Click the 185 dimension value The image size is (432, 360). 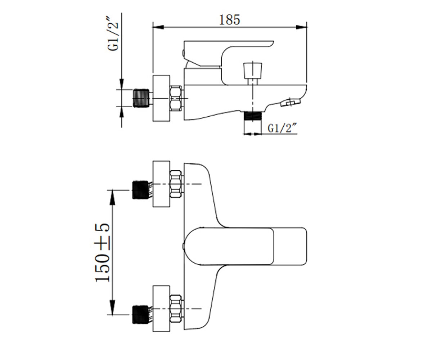tap(229, 20)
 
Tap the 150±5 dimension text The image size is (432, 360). tap(102, 253)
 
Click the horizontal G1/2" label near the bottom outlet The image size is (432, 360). tap(282, 128)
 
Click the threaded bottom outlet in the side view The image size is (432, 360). tap(253, 116)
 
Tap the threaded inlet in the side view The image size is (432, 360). tap(141, 98)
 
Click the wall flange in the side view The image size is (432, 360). tap(161, 98)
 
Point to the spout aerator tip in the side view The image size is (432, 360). tap(290, 102)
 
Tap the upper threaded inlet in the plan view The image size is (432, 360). tap(140, 190)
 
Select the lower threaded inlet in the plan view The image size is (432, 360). tap(140, 315)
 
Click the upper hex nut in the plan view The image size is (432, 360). tap(176, 184)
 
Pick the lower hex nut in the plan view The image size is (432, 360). tap(176, 309)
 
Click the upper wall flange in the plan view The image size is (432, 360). tap(161, 184)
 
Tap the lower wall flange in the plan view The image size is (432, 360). tap(161, 309)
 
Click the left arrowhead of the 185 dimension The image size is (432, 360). tap(158, 27)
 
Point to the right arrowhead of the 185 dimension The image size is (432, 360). tap(301, 27)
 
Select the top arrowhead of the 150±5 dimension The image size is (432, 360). tap(112, 198)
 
